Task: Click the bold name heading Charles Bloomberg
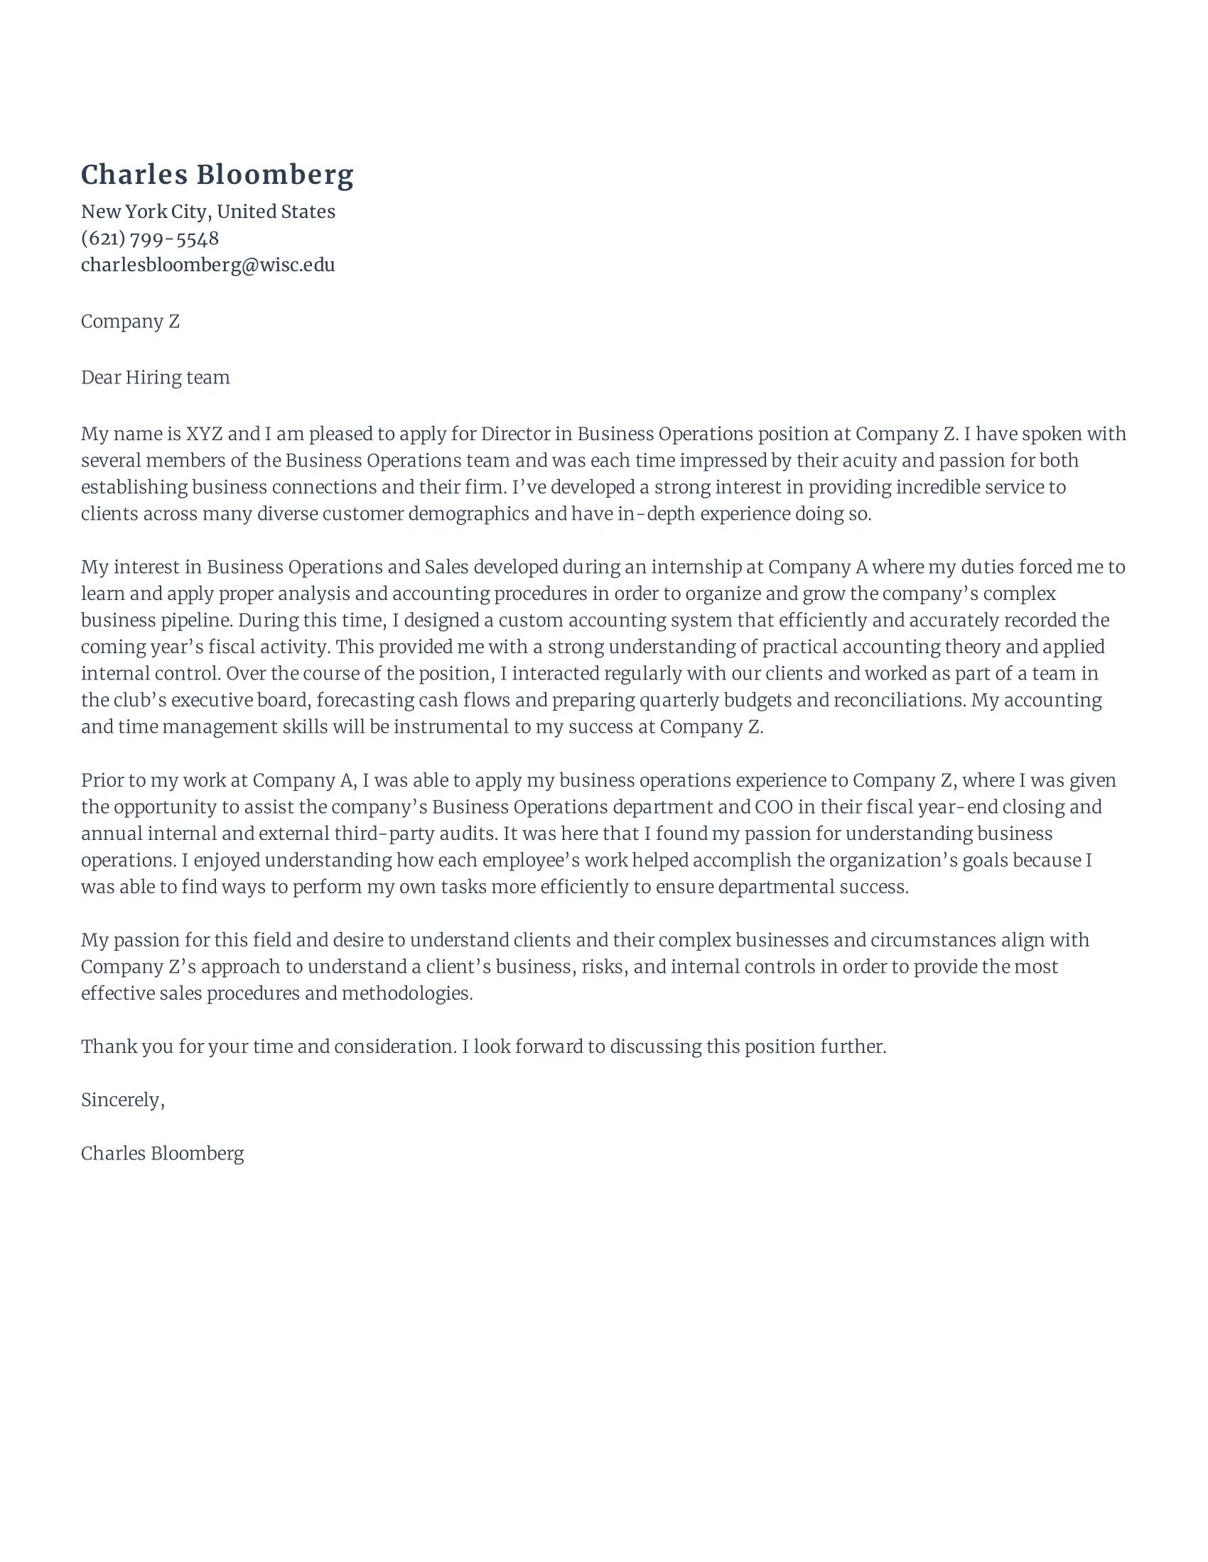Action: [217, 175]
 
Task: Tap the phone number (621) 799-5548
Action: [149, 238]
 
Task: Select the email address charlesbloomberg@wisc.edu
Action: [207, 265]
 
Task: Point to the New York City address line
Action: [207, 212]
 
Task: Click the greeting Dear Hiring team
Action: [156, 377]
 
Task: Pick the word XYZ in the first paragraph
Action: [204, 434]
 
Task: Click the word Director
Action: [515, 434]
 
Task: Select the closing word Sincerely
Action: [122, 1100]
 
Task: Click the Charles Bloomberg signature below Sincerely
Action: [163, 1154]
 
